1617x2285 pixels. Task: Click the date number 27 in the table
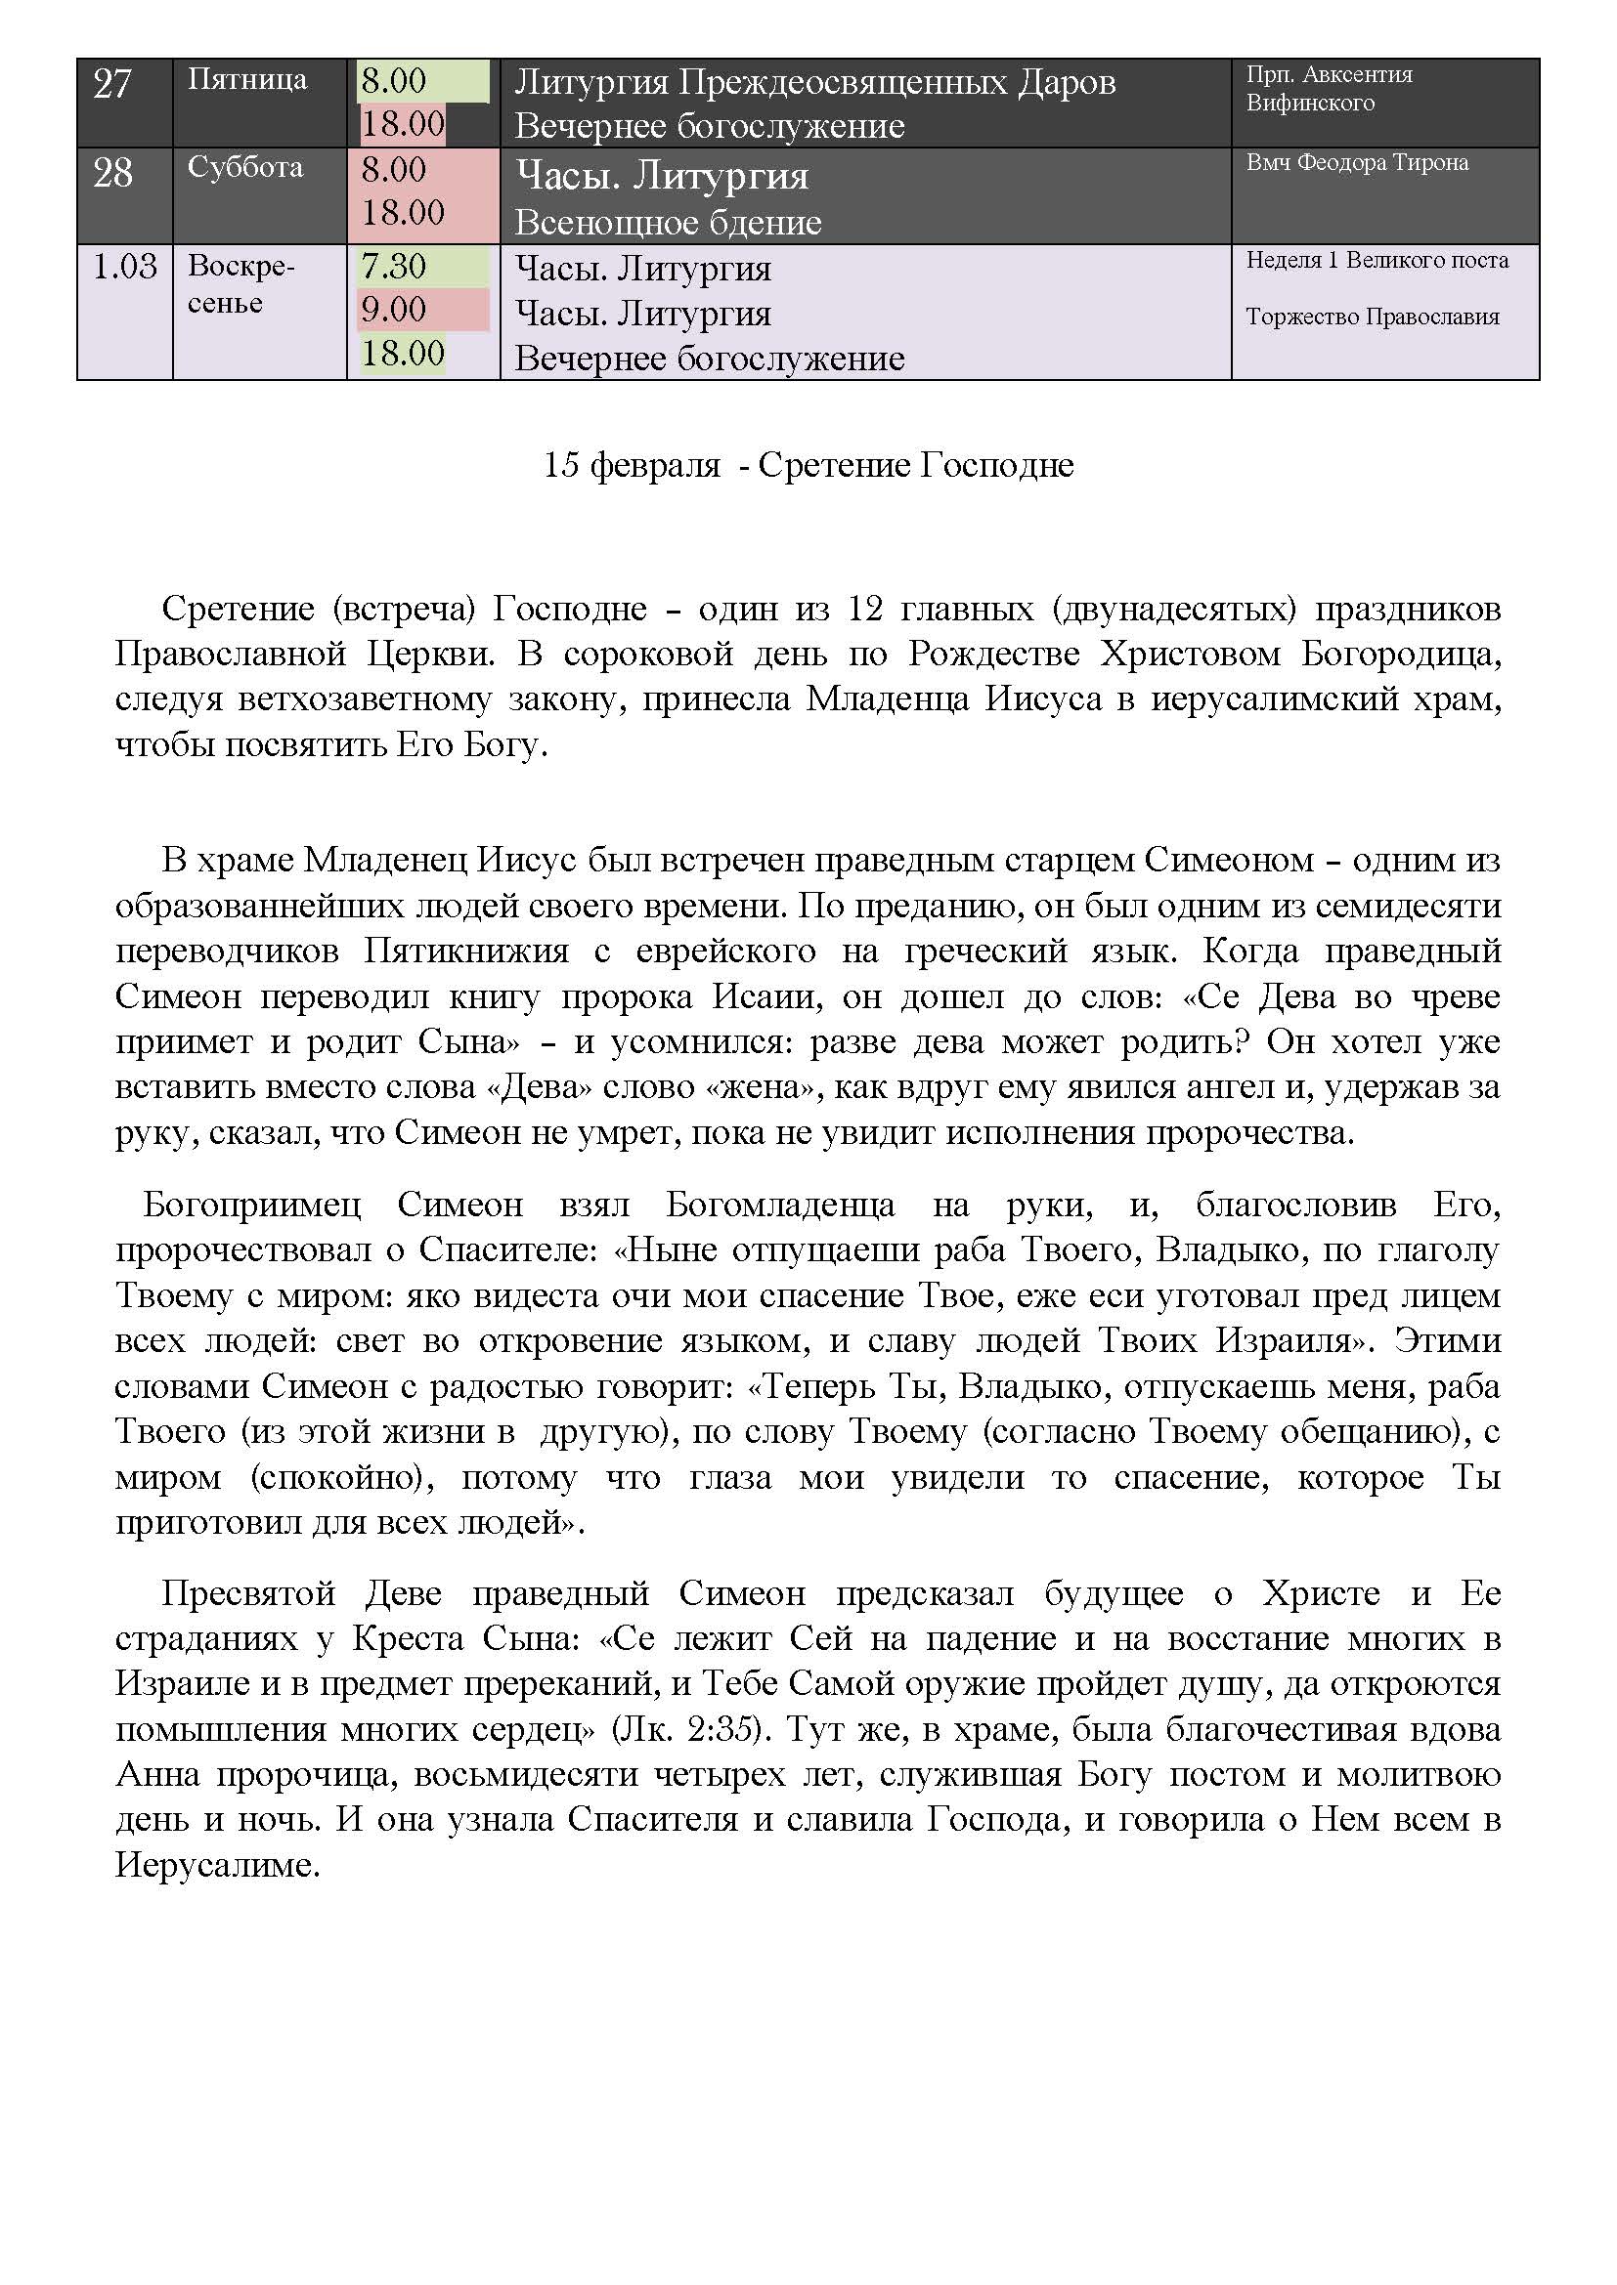coord(111,84)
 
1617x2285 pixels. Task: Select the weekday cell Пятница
coord(247,79)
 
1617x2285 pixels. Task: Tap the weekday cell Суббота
coord(245,167)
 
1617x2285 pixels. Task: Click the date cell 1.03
coord(124,267)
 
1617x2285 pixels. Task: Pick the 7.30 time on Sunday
coord(393,267)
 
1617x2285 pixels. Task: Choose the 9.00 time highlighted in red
coord(393,310)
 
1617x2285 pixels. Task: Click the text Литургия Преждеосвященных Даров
coord(814,83)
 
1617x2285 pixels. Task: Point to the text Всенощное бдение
coord(667,223)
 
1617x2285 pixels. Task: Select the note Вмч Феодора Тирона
coord(1356,163)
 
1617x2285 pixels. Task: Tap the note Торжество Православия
coord(1372,317)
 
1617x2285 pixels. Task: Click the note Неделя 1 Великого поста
coord(1377,261)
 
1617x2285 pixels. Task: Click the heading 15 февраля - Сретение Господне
coord(808,466)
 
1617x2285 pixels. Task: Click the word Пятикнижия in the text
coord(465,952)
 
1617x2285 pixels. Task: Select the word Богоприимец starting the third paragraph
coord(251,1206)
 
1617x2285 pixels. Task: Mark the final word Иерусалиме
coord(217,1864)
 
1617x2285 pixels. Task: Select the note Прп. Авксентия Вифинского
coord(1329,89)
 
